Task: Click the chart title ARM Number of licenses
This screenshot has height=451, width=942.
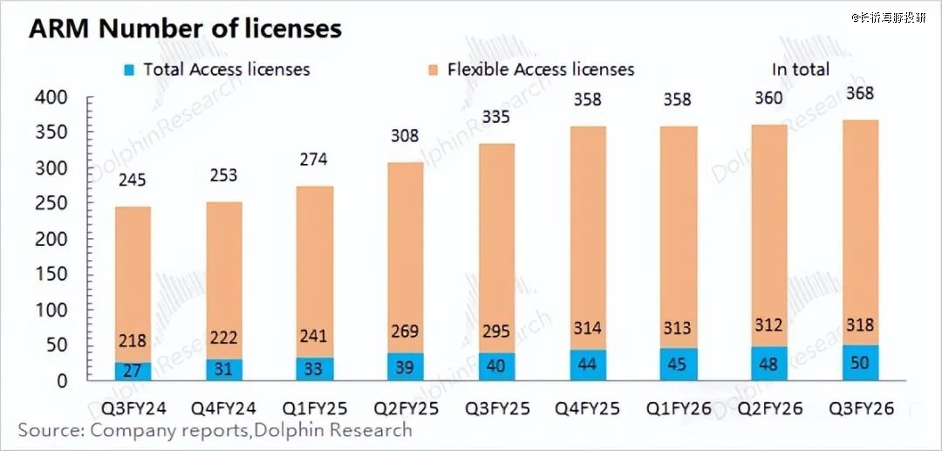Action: click(x=184, y=28)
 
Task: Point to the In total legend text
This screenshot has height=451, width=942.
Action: click(x=800, y=69)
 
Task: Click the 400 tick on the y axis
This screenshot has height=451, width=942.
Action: click(x=51, y=98)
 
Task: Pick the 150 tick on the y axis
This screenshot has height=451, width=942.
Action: click(x=51, y=275)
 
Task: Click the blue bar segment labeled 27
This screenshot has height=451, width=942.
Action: click(x=133, y=371)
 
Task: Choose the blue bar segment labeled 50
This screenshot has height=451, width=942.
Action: click(x=860, y=363)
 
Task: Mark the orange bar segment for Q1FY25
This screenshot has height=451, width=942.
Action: click(x=315, y=262)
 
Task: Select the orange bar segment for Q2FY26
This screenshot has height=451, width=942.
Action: click(x=768, y=227)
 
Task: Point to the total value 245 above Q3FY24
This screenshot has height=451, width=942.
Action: click(x=132, y=181)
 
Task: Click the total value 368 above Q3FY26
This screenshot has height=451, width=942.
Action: click(x=860, y=93)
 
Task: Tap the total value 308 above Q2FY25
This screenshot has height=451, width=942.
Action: click(x=406, y=136)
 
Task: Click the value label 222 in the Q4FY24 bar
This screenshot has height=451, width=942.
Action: click(x=224, y=338)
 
